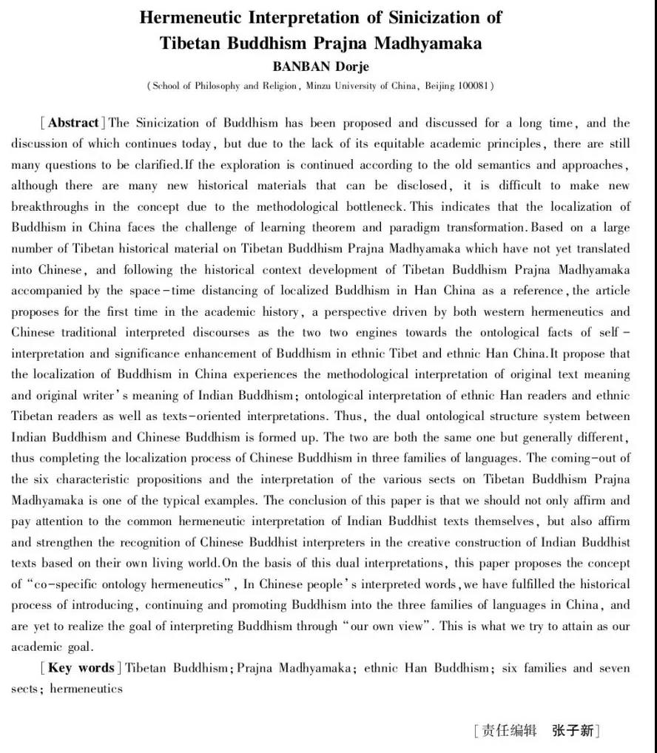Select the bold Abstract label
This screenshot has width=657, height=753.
[x=74, y=123]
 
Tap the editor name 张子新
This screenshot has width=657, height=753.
[x=572, y=731]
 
